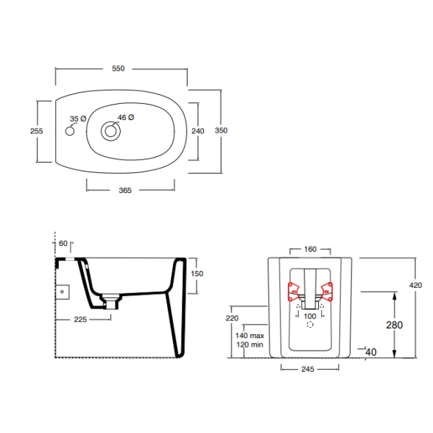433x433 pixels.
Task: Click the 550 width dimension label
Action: click(x=118, y=68)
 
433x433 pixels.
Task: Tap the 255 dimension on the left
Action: click(x=37, y=131)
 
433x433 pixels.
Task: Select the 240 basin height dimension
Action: click(x=198, y=131)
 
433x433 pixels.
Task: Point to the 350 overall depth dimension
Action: click(x=221, y=130)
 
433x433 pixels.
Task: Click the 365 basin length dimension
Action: click(x=125, y=191)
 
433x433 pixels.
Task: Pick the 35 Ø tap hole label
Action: click(x=78, y=119)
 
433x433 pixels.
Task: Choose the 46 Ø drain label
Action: click(x=126, y=117)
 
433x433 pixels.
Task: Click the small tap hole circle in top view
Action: click(x=70, y=131)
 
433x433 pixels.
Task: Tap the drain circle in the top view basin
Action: click(x=110, y=131)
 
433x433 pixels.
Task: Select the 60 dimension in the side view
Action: click(x=63, y=243)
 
